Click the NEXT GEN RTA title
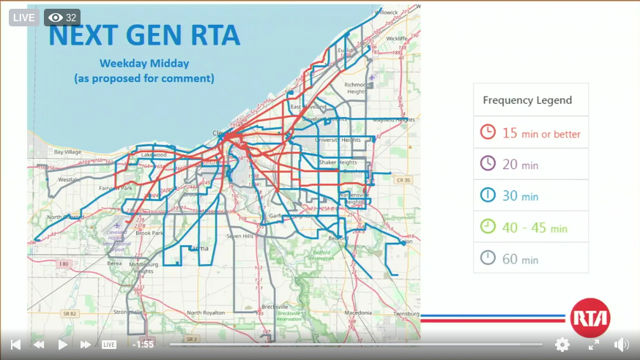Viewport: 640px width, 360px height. click(144, 34)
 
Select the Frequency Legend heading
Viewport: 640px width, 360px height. click(527, 100)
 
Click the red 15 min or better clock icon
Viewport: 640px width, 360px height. click(488, 132)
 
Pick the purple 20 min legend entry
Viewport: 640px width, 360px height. click(520, 164)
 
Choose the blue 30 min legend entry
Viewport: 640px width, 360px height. click(520, 195)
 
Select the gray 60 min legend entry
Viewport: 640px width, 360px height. click(520, 259)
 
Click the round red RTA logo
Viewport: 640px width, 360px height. click(589, 318)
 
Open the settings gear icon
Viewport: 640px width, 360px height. click(562, 344)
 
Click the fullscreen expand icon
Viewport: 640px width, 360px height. click(594, 344)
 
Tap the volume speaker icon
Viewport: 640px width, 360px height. click(621, 344)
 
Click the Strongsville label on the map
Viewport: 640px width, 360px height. click(128, 311)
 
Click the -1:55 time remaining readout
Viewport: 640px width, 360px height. click(143, 344)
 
